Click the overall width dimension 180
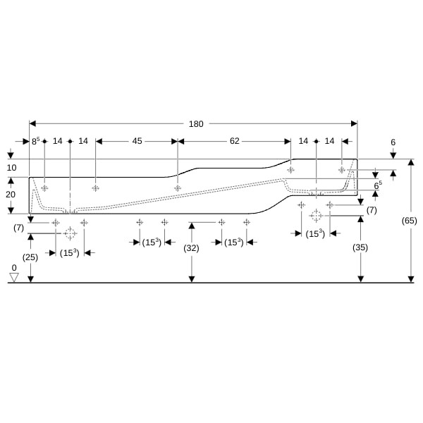pyautogui.click(x=196, y=124)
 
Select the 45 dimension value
pyautogui.click(x=137, y=141)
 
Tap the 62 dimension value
pyautogui.click(x=235, y=141)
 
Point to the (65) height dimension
pyautogui.click(x=409, y=221)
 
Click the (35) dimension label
pyautogui.click(x=360, y=247)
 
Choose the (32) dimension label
pyautogui.click(x=191, y=248)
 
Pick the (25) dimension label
pyautogui.click(x=30, y=257)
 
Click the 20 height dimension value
pyautogui.click(x=11, y=195)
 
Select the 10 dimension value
pyautogui.click(x=11, y=168)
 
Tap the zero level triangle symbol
pyautogui.click(x=14, y=277)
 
